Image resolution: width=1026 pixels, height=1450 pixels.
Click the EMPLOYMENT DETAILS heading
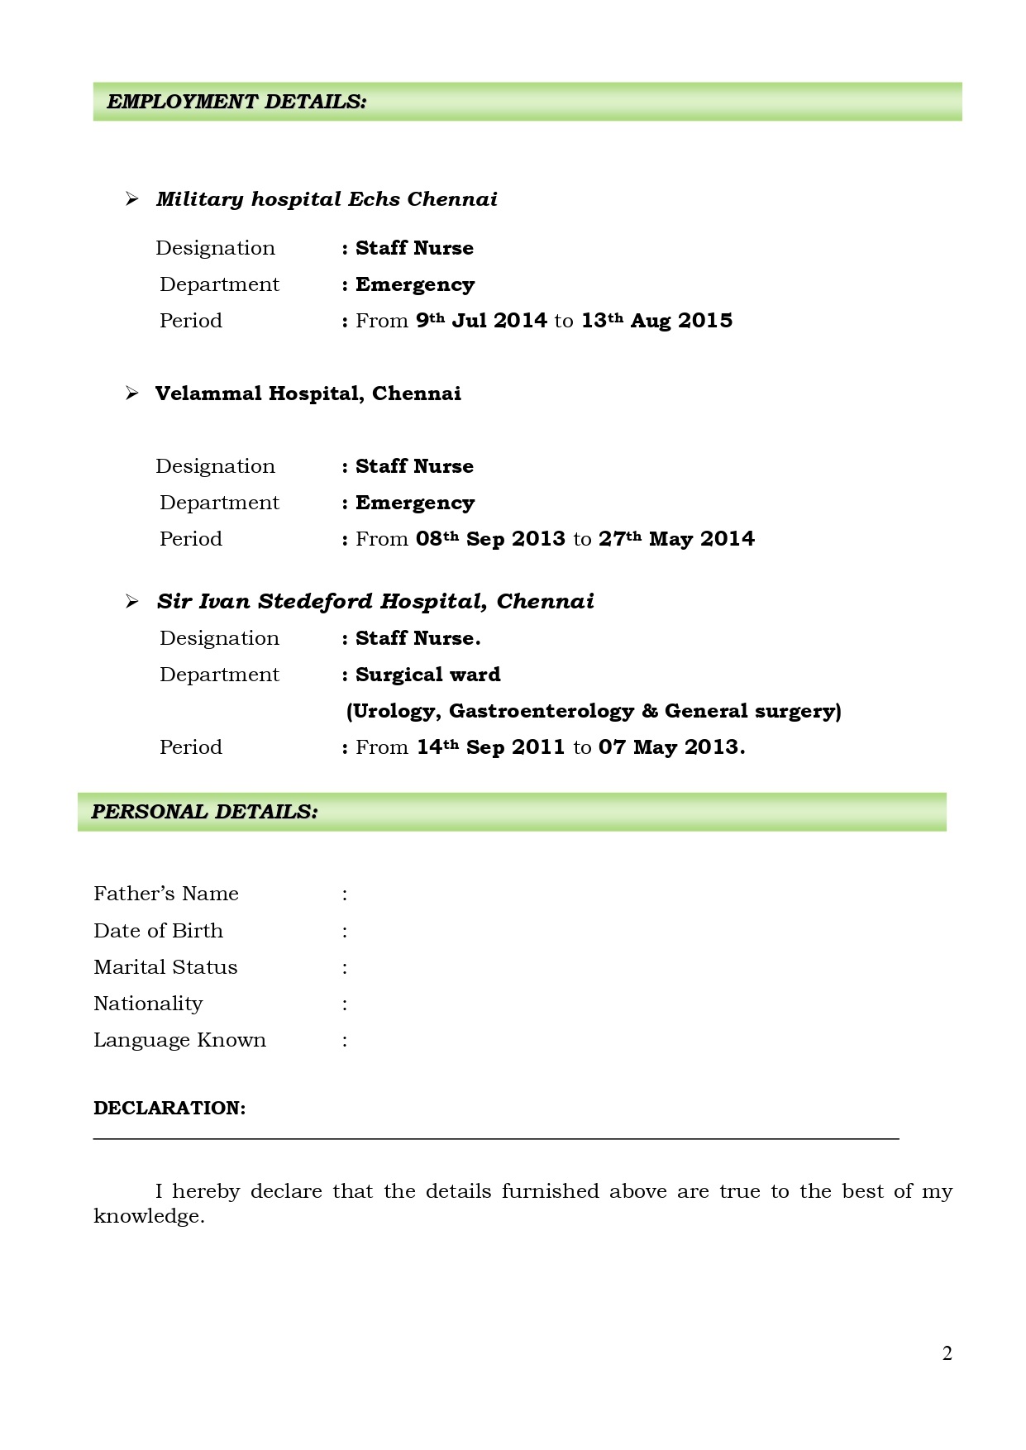coord(236,102)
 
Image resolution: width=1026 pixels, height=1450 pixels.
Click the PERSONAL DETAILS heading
coord(204,812)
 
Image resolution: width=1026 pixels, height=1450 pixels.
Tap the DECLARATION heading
coord(169,1108)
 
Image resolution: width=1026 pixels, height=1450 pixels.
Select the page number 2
coord(947,1353)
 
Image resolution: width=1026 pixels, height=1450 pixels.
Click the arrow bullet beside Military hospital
coord(131,199)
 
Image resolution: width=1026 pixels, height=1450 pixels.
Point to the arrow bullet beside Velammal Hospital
coord(131,394)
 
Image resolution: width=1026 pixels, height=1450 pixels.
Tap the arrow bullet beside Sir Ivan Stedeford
coord(131,602)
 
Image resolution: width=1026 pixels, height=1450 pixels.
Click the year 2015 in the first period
coord(705,321)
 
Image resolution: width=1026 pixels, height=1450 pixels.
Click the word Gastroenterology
coord(541,711)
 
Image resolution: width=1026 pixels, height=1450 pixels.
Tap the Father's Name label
coord(166,894)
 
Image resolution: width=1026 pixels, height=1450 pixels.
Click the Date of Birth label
coord(158,931)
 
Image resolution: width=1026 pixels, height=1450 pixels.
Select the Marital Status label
coord(165,967)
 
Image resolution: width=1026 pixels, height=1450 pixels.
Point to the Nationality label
coord(148,1004)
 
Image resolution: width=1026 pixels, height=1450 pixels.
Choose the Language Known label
coord(179,1040)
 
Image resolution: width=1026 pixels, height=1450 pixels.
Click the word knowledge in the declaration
coord(148,1216)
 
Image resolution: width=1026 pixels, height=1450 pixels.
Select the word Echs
coord(374,199)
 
